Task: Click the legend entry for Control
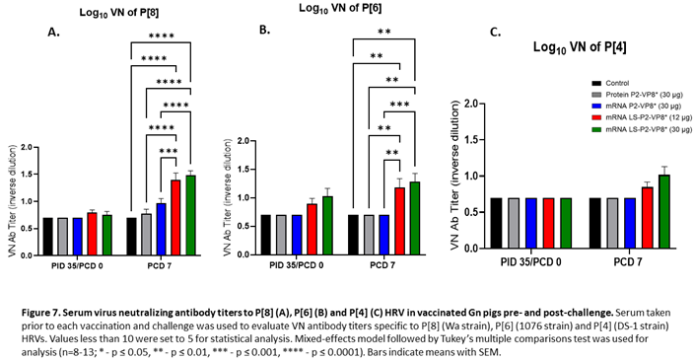coord(620,84)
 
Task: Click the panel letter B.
coord(263,31)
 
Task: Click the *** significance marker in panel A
coord(171,151)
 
